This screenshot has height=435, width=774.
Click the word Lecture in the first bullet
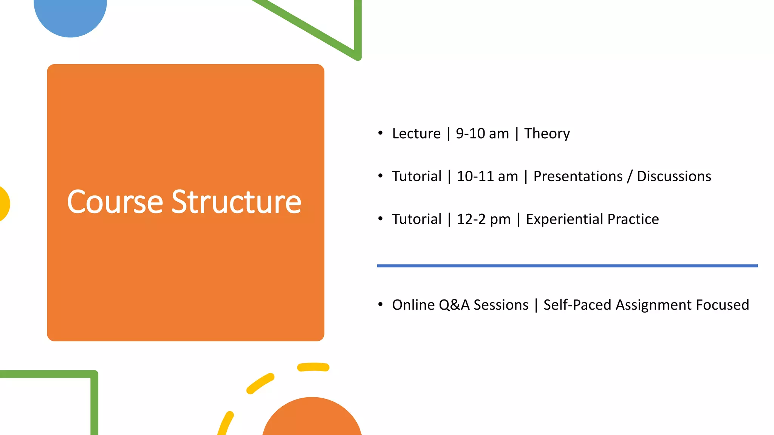point(416,134)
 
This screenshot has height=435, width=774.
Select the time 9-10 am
point(482,134)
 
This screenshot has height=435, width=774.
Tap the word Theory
point(547,134)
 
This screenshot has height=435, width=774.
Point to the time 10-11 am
point(487,176)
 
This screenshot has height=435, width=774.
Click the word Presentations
point(578,176)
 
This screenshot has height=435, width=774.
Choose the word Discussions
point(674,176)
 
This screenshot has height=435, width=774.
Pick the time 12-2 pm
point(483,219)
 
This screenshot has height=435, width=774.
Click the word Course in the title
point(115,202)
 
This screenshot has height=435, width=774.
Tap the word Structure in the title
point(237,202)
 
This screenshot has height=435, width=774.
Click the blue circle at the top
point(70,15)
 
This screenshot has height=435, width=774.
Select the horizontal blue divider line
point(567,266)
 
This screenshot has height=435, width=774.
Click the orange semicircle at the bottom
point(312,419)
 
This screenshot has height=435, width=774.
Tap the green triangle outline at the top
point(357,30)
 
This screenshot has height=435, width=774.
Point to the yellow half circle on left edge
point(4,204)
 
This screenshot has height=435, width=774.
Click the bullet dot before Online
point(380,304)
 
